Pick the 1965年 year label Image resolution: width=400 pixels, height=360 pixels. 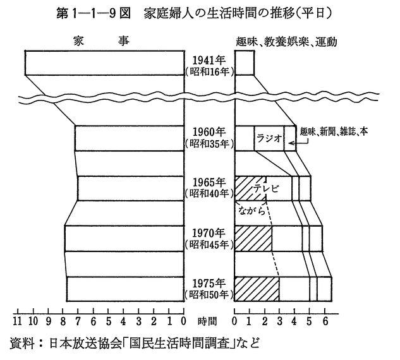[x=209, y=182]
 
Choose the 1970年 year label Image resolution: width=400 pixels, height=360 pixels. [x=209, y=232]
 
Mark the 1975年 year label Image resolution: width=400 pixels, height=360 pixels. [x=209, y=282]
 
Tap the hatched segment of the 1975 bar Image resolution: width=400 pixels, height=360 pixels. [x=257, y=288]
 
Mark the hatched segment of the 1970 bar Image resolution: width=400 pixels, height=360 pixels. [x=253, y=238]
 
